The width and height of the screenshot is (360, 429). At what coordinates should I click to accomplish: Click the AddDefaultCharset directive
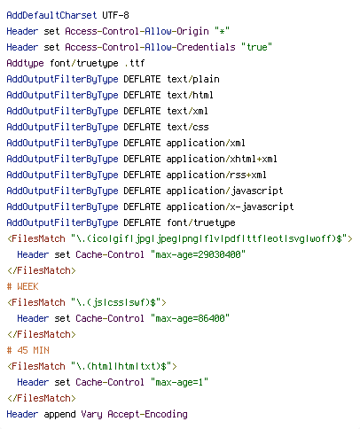[x=51, y=15]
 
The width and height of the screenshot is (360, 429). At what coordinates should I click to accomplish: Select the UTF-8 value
[x=115, y=15]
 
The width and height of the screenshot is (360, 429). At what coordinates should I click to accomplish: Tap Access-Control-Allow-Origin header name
[x=137, y=31]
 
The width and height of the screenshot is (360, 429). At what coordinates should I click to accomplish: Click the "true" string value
[x=256, y=47]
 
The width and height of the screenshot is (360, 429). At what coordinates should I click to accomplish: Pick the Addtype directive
[x=25, y=63]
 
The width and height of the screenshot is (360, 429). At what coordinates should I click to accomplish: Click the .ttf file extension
[x=135, y=63]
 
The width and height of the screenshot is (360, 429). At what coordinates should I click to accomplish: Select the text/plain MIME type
[x=193, y=79]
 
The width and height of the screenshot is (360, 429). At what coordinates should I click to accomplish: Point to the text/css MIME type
[x=188, y=127]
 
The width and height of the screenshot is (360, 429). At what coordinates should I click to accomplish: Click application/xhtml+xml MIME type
[x=222, y=159]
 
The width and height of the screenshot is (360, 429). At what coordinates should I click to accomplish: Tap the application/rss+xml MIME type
[x=216, y=175]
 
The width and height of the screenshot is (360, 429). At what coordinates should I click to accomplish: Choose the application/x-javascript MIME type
[x=230, y=207]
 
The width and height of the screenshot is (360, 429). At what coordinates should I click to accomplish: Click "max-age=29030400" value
[x=198, y=254]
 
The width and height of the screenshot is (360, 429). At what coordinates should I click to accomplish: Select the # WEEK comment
[x=22, y=286]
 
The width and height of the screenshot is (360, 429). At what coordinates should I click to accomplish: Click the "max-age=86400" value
[x=190, y=318]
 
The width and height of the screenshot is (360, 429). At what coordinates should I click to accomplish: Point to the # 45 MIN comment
[x=27, y=350]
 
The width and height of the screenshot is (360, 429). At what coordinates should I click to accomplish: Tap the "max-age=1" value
[x=179, y=382]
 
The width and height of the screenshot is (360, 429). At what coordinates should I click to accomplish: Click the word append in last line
[x=59, y=415]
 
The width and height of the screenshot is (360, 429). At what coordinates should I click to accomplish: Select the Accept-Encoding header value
[x=147, y=415]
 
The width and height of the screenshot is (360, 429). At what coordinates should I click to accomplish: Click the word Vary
[x=91, y=415]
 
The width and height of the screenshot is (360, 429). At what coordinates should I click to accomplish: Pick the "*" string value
[x=222, y=31]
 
